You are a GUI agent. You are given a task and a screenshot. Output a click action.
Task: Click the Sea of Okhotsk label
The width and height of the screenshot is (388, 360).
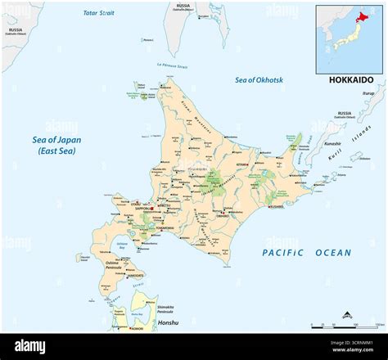click(x=263, y=79)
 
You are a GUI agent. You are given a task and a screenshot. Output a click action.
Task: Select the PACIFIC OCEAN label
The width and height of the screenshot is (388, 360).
click(x=307, y=253)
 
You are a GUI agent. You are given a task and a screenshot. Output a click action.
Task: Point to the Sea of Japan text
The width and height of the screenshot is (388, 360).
click(x=57, y=140)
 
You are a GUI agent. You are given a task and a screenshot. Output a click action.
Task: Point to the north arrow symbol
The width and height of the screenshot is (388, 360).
click(x=348, y=313)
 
